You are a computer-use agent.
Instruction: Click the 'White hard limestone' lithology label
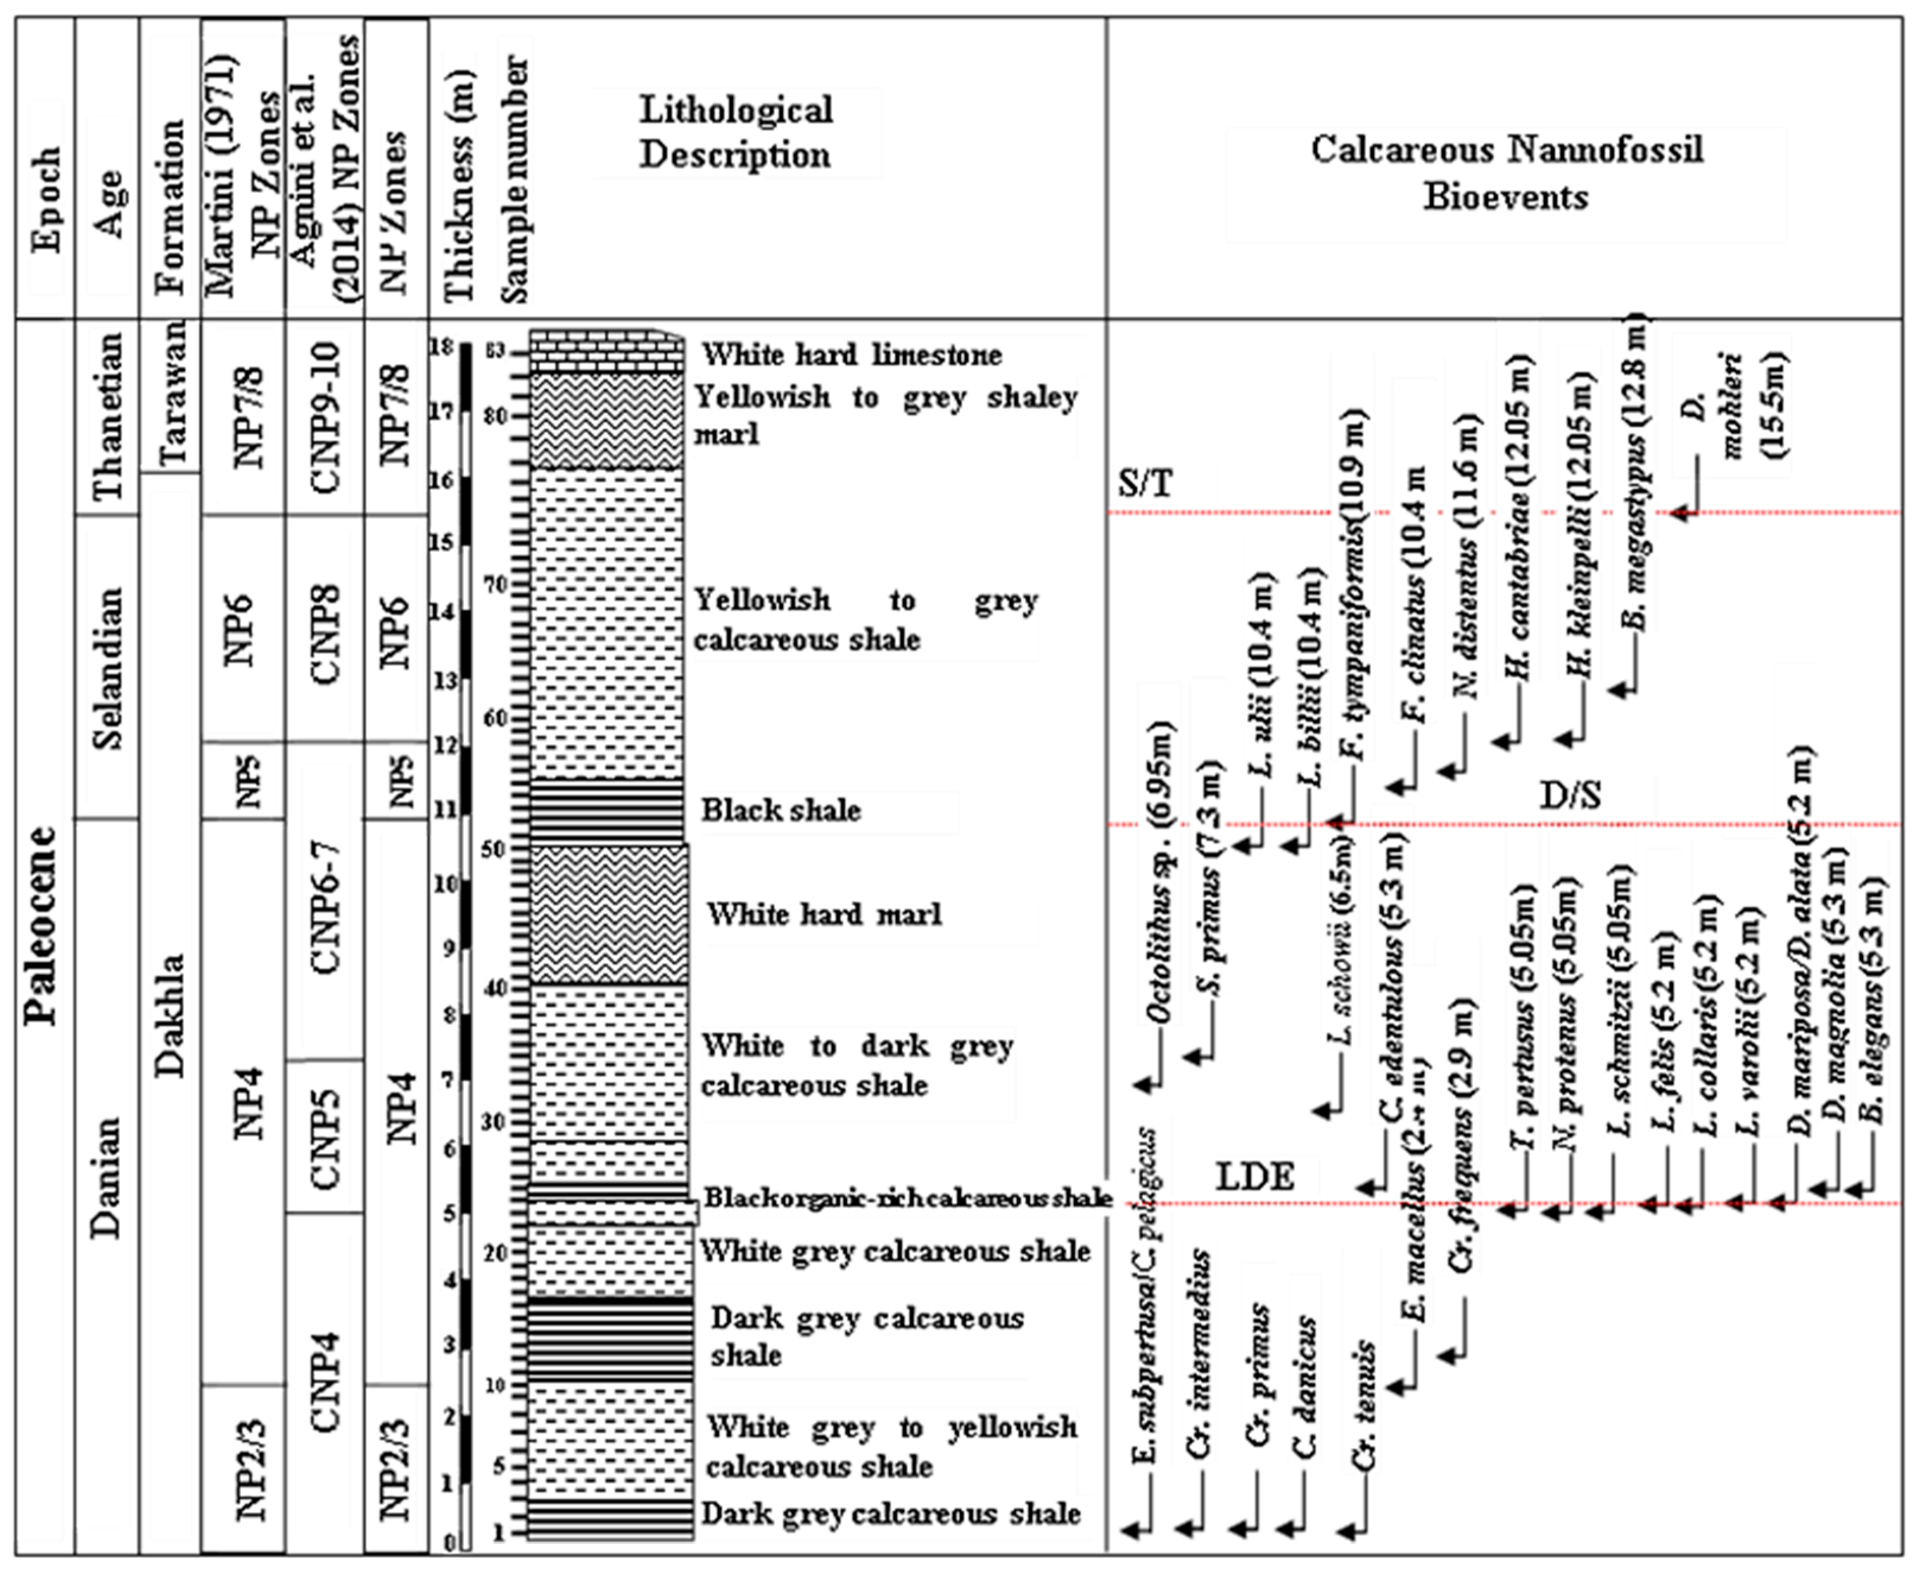coord(852,354)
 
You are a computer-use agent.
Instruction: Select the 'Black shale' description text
coord(780,810)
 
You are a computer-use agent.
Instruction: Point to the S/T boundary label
coord(1144,484)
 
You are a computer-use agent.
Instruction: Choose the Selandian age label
coord(109,669)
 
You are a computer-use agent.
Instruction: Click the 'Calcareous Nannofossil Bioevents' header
coord(1506,173)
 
